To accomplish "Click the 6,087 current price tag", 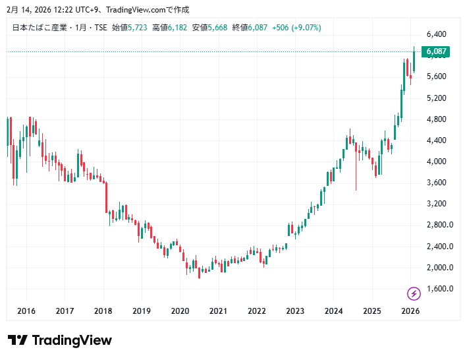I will [437, 51].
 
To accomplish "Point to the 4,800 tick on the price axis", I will [437, 119].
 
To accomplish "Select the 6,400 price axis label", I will [437, 34].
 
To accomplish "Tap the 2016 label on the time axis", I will [26, 311].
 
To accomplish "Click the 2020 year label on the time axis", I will [180, 311].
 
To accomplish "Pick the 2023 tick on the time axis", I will [295, 311].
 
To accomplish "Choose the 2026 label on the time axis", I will [410, 311].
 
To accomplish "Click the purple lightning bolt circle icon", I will [414, 293].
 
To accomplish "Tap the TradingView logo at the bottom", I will [60, 340].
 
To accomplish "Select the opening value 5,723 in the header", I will [138, 28].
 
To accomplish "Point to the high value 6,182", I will [178, 28].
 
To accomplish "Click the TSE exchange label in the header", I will [100, 28].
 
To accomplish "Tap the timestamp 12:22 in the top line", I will [47, 9].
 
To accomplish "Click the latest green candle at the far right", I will [414, 61].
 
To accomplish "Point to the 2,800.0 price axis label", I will [439, 225].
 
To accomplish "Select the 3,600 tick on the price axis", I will [437, 183].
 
